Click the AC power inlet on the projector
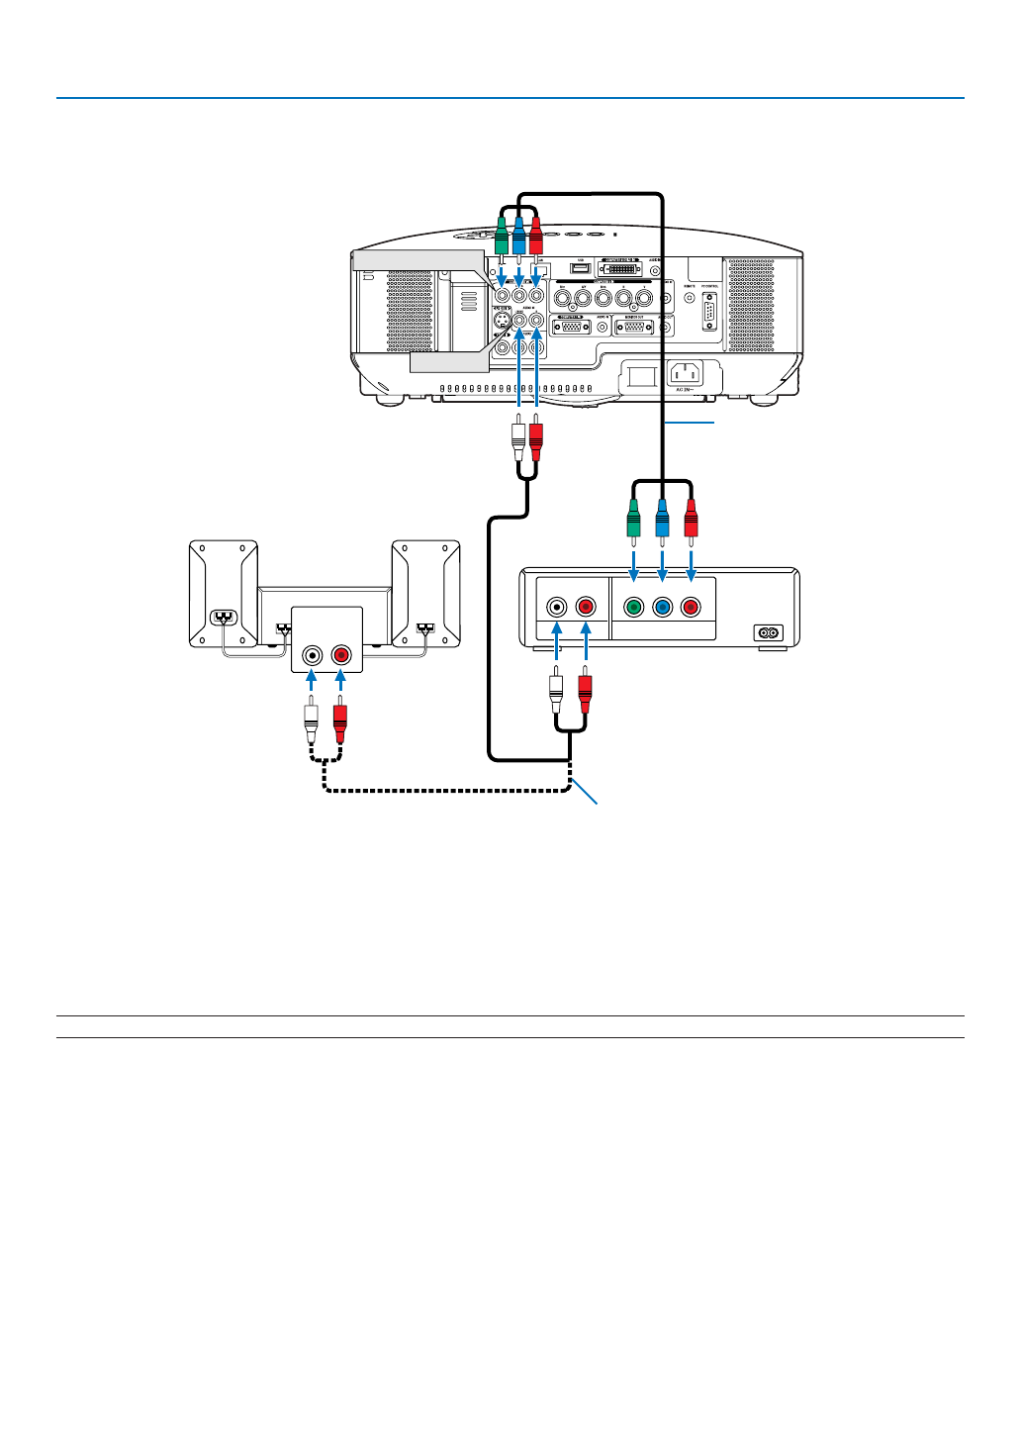(x=686, y=374)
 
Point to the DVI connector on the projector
(x=620, y=268)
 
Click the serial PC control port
(x=709, y=314)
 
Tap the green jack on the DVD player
(x=634, y=607)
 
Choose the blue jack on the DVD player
(x=662, y=607)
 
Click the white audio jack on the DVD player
(x=558, y=607)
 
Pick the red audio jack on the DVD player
(x=586, y=607)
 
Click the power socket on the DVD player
(x=769, y=632)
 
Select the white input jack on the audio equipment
(x=313, y=655)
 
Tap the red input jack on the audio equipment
(x=340, y=655)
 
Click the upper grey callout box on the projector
(x=418, y=260)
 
